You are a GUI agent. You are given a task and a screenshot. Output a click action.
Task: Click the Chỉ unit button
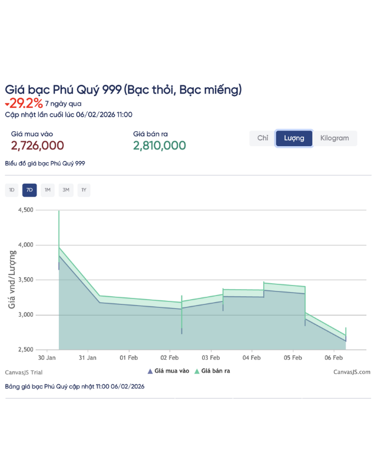(263, 138)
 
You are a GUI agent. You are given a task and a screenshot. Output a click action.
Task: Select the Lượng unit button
(294, 138)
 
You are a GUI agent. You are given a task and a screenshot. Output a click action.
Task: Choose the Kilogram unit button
(335, 138)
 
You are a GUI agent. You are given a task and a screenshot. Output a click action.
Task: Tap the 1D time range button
(12, 190)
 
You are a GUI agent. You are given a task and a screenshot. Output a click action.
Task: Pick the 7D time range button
(29, 190)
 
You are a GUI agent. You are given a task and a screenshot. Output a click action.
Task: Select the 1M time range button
(48, 190)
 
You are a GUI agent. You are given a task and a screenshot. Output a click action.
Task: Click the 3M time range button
(66, 190)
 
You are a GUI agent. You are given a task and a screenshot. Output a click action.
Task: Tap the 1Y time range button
(84, 190)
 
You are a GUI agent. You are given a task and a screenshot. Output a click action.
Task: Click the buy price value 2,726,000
(38, 145)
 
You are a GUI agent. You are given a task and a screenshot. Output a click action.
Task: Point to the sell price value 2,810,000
(160, 145)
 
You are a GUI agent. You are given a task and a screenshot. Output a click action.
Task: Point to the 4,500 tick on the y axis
(27, 210)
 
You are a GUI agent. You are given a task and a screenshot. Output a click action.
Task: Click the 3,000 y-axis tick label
(27, 315)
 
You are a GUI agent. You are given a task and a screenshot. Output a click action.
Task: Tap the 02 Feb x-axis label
(170, 357)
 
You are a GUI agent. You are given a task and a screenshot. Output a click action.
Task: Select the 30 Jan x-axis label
(47, 357)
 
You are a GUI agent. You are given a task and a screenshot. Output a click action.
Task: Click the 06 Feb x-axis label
(334, 357)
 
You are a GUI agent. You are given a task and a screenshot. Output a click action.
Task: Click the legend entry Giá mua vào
(168, 372)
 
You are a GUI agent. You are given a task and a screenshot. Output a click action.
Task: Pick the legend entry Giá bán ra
(213, 372)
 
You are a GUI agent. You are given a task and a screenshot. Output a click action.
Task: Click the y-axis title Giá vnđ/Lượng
(11, 279)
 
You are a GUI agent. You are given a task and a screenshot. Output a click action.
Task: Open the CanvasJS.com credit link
(352, 372)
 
